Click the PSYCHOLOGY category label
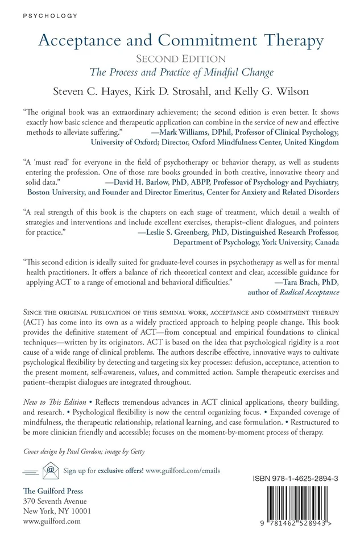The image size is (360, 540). pos(48,15)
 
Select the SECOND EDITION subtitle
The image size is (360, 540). pos(180,59)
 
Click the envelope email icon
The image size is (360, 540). pos(51,470)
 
